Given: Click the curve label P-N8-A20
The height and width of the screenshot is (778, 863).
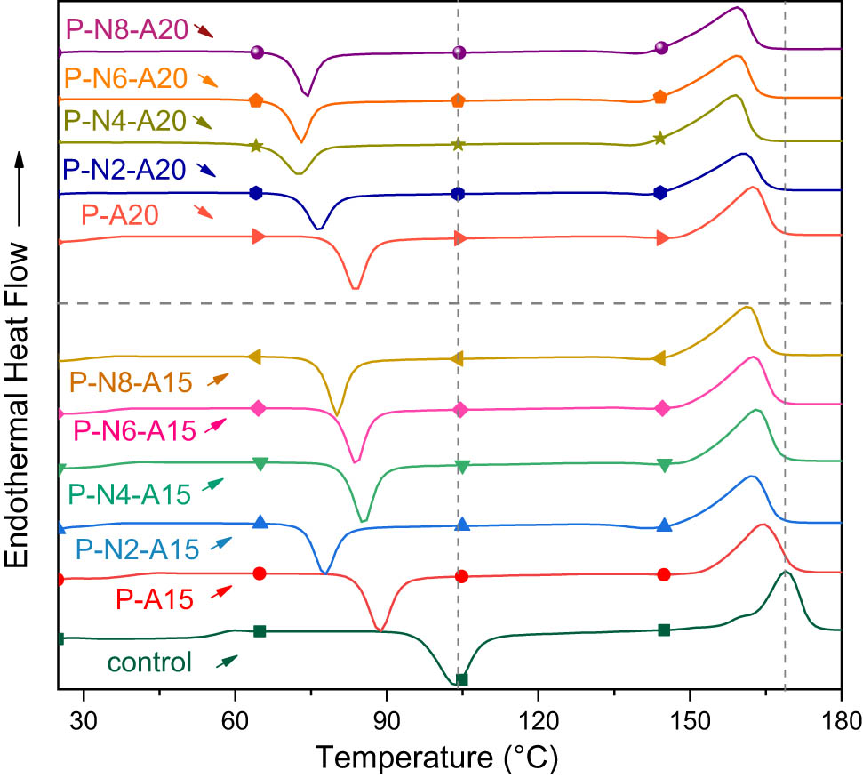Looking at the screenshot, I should click(126, 31).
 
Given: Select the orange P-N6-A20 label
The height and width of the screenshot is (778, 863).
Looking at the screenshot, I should click(126, 79).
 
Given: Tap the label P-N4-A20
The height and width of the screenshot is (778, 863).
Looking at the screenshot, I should click(126, 121).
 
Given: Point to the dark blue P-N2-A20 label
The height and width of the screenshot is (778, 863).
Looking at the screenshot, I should click(123, 169).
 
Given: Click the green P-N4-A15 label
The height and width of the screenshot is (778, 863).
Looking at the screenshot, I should click(129, 492).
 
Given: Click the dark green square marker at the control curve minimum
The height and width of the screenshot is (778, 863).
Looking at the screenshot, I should click(461, 680).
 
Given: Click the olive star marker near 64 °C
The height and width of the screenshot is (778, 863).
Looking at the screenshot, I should click(256, 146).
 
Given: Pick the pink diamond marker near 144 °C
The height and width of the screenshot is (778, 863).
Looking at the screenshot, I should click(662, 409).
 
